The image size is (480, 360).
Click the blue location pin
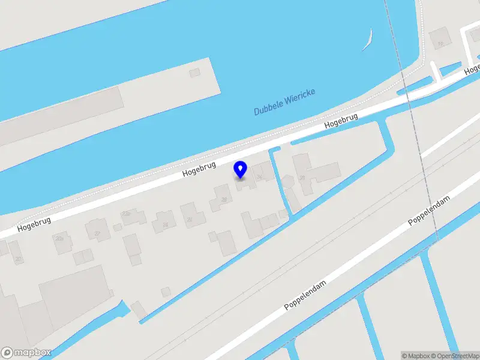click(x=241, y=170)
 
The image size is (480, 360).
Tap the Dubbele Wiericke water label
click(x=284, y=102)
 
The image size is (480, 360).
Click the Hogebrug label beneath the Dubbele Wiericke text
click(x=340, y=121)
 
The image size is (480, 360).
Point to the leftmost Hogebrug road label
click(x=34, y=224)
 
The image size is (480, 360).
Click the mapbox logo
click(x=26, y=353)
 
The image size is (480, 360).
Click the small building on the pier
click(x=194, y=73)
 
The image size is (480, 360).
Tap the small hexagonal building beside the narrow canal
click(x=288, y=179)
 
